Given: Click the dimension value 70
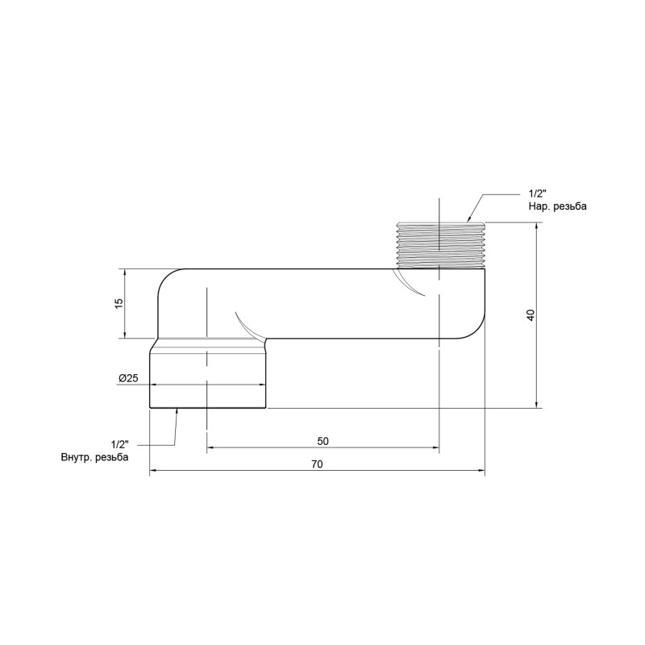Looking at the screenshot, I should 317,464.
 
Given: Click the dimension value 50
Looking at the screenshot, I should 322,440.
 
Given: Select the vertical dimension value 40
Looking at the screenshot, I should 530,315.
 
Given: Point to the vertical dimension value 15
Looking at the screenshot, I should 118,303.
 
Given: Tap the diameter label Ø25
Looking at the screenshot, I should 128,378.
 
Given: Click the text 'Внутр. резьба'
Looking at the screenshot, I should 94,457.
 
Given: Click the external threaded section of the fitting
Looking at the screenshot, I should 439,244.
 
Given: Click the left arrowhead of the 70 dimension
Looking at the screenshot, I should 153,472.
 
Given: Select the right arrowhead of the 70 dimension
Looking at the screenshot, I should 481,472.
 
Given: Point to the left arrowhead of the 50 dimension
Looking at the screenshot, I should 211,448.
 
